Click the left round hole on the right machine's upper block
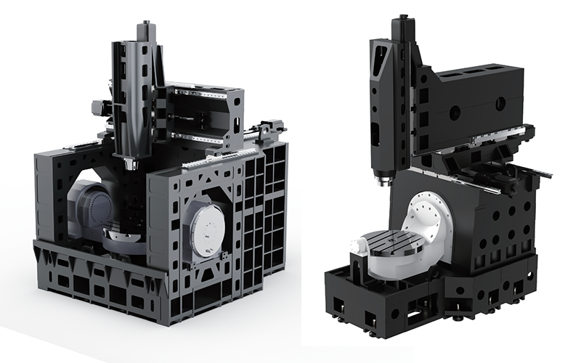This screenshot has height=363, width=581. point(455,113)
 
